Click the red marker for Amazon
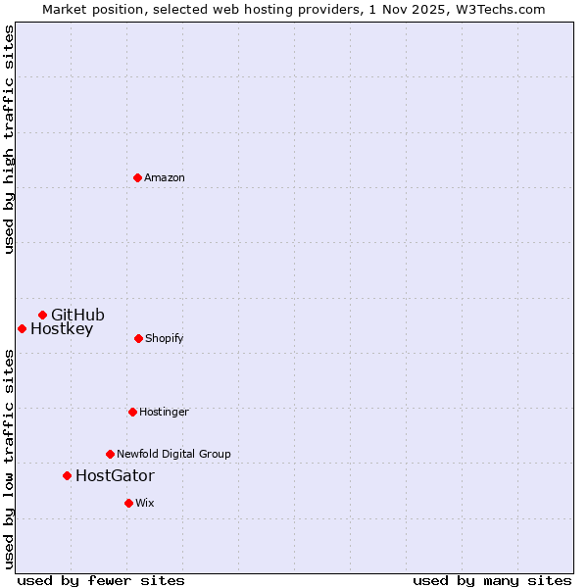(137, 177)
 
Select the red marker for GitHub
(42, 315)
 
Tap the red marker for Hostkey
(22, 328)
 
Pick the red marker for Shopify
(138, 338)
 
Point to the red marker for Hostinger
(132, 412)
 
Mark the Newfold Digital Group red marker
(110, 454)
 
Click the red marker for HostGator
(67, 475)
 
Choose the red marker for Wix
(128, 503)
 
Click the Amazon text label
(165, 177)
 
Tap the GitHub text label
(77, 315)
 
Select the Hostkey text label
(62, 329)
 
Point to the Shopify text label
(165, 338)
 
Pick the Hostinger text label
(164, 412)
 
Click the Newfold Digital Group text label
(173, 454)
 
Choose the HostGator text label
(115, 476)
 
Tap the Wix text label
(145, 503)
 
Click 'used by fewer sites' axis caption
(101, 580)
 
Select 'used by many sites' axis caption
(492, 580)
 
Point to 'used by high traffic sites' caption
(9, 139)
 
